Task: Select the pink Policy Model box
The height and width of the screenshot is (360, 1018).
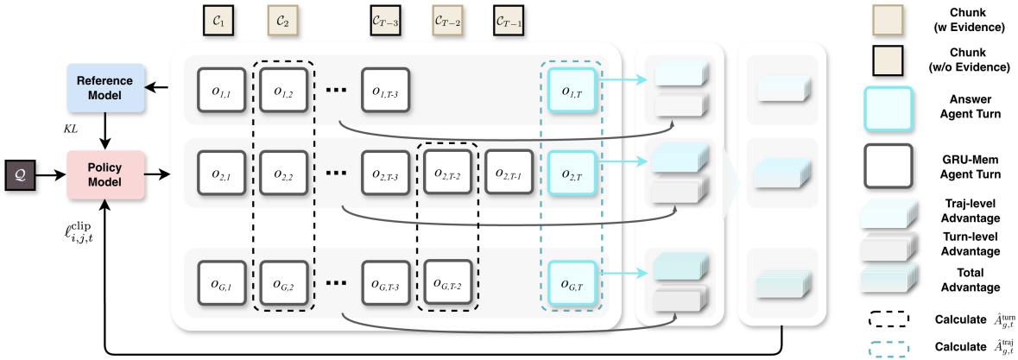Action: coord(104,174)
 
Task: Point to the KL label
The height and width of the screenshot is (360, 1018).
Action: coord(70,129)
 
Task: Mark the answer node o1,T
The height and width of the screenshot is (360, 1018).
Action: coord(569,90)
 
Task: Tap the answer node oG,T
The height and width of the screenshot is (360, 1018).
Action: coord(569,283)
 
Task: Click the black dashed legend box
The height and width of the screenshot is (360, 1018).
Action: coord(888,319)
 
